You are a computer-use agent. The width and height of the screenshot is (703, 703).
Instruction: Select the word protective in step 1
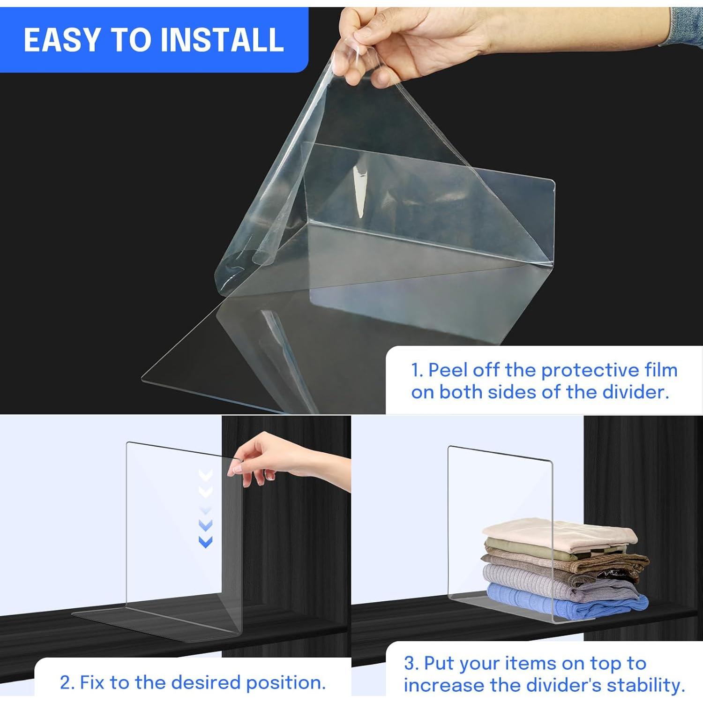pos(588,370)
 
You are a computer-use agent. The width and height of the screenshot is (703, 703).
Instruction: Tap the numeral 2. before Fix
pos(68,682)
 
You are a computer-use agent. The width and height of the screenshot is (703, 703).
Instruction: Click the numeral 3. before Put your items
pos(411,664)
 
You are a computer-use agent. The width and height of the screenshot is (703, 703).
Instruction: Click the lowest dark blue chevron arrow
pos(206,542)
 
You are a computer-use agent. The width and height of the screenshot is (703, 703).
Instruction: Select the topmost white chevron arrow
pos(206,474)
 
